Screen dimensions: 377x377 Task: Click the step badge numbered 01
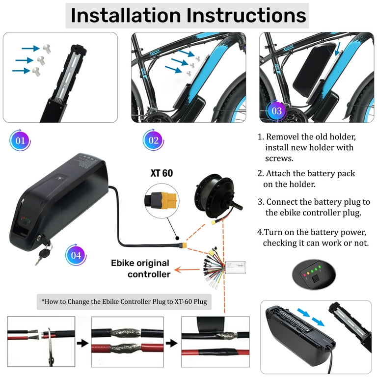[20, 140]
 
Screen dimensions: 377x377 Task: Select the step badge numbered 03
[276, 110]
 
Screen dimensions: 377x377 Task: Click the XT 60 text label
[161, 173]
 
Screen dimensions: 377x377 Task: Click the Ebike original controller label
[140, 269]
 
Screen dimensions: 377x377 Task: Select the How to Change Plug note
[124, 302]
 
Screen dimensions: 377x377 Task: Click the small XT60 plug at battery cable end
[183, 244]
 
